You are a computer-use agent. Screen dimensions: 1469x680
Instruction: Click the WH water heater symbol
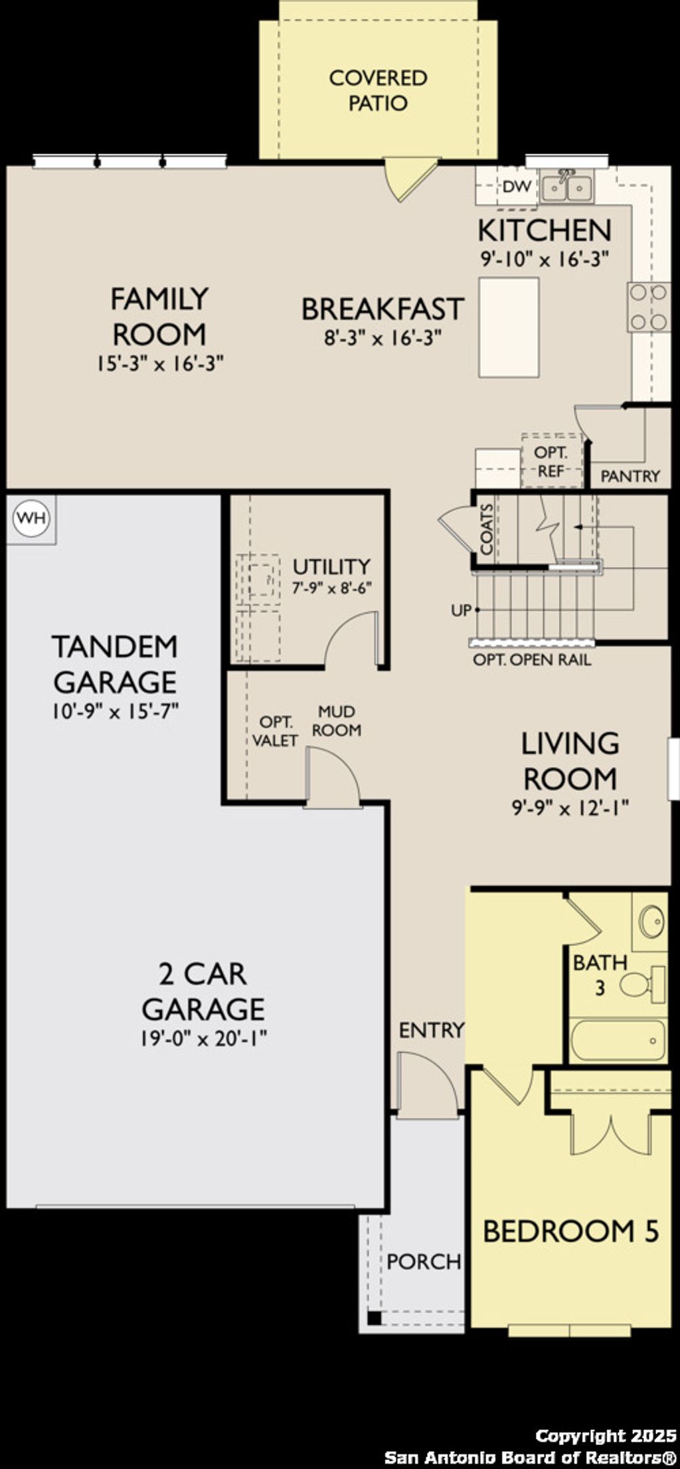coord(31,517)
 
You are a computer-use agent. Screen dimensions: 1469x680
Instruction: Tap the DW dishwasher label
coord(517,187)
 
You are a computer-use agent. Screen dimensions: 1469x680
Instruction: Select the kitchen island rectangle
coord(509,327)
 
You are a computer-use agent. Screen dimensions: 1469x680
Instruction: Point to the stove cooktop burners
coord(649,306)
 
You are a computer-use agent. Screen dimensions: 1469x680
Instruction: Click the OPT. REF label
coord(551,462)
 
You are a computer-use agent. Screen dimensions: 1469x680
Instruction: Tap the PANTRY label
coord(630,476)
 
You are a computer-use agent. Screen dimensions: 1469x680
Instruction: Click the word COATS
coord(487,529)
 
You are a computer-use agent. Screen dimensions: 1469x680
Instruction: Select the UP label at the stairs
coord(460,610)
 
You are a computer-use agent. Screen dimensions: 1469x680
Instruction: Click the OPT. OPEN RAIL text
coord(531,660)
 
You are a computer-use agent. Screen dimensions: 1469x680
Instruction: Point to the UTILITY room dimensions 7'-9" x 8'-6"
coord(331,588)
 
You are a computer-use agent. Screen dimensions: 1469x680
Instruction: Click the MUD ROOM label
coord(337,721)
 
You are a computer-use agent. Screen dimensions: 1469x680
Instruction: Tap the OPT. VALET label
coord(275,731)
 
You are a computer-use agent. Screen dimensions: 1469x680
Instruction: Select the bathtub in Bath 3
coord(618,1041)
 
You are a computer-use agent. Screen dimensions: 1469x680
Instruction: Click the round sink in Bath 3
coord(651,921)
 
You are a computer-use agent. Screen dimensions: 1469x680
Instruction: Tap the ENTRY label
coord(431,1030)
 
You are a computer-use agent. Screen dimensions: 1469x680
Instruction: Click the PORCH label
coord(424,1261)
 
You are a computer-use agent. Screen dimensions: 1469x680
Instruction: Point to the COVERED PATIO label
coord(378,90)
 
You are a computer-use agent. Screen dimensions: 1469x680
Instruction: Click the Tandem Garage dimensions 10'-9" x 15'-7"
coord(116,713)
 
